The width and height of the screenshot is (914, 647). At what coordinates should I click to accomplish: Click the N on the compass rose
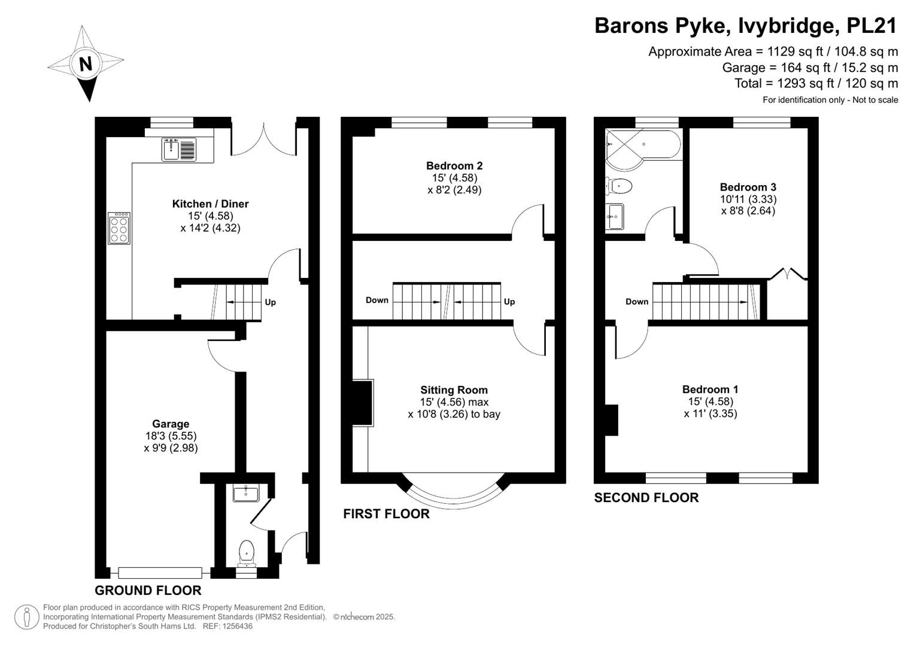pos(86,64)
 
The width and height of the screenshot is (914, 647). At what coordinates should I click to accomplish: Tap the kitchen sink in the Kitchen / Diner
pos(179,150)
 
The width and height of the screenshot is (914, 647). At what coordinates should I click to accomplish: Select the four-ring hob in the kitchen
pos(119,228)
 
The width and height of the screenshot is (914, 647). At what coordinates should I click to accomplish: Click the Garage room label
pos(171,424)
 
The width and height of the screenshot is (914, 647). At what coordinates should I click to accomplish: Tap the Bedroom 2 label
pos(454,165)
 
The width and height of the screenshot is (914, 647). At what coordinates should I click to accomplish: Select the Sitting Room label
pos(454,389)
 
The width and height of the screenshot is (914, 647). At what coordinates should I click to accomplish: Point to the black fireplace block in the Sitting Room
pos(362,403)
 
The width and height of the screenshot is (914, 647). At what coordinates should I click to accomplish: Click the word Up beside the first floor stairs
pos(509,301)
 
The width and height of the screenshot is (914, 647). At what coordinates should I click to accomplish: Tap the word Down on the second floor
pos(637,301)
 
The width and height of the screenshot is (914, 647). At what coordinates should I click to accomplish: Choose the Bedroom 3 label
pos(748,187)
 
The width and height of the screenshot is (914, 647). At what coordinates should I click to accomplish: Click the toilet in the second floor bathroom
pos(618,186)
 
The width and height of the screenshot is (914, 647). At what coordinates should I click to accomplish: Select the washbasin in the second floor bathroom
pos(615,216)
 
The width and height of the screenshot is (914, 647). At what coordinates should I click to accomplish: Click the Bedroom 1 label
pos(710,389)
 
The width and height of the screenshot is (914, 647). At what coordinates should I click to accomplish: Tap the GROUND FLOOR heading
pos(148,590)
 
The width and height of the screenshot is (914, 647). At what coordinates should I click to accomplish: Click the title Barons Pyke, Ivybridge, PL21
pos(746,25)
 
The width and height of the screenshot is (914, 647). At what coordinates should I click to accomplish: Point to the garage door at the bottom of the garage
pos(160,573)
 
